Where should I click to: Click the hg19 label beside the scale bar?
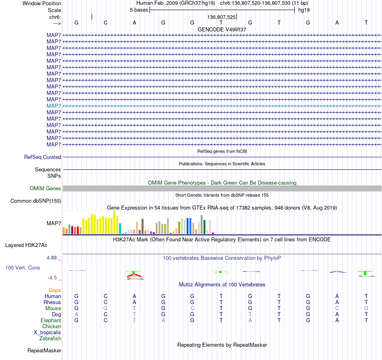pos(304,10)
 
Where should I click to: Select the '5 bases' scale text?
pos(139,10)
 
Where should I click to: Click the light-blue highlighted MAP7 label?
pos(54,106)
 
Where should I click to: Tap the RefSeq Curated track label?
pos(43,157)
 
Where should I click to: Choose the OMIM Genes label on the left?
pos(45,188)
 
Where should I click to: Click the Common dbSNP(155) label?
pos(36,201)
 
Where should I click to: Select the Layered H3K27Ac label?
pos(26,245)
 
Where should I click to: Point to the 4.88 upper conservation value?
pos(51,258)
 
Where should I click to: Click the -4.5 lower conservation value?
pos(52,278)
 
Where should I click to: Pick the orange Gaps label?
pos(55,290)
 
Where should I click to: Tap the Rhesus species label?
pos(52,302)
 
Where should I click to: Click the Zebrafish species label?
pos(50,339)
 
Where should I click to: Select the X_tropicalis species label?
pos(47,333)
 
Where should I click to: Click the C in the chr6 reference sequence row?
pos(105,23)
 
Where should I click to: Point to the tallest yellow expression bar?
pos(115,222)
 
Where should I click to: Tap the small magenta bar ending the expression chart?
pos(213,233)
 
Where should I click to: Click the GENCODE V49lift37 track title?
pos(222,29)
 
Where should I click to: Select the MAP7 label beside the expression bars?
pos(54,224)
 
